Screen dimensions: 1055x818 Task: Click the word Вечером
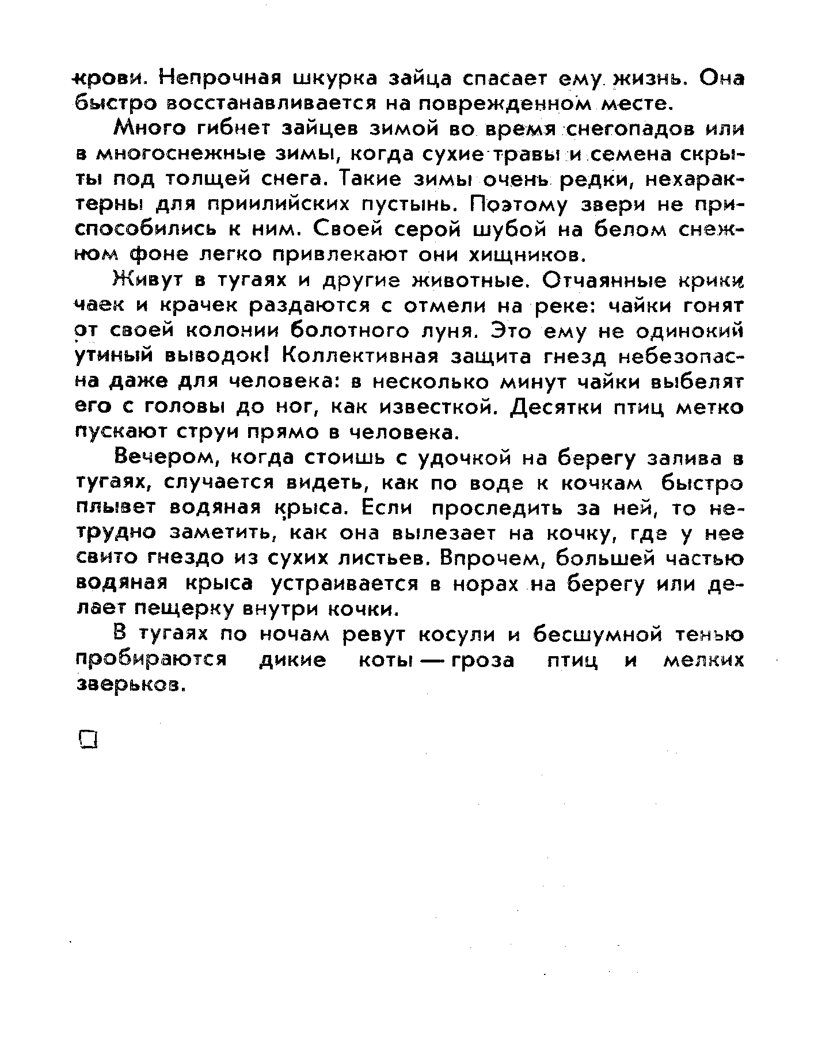[163, 459]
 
